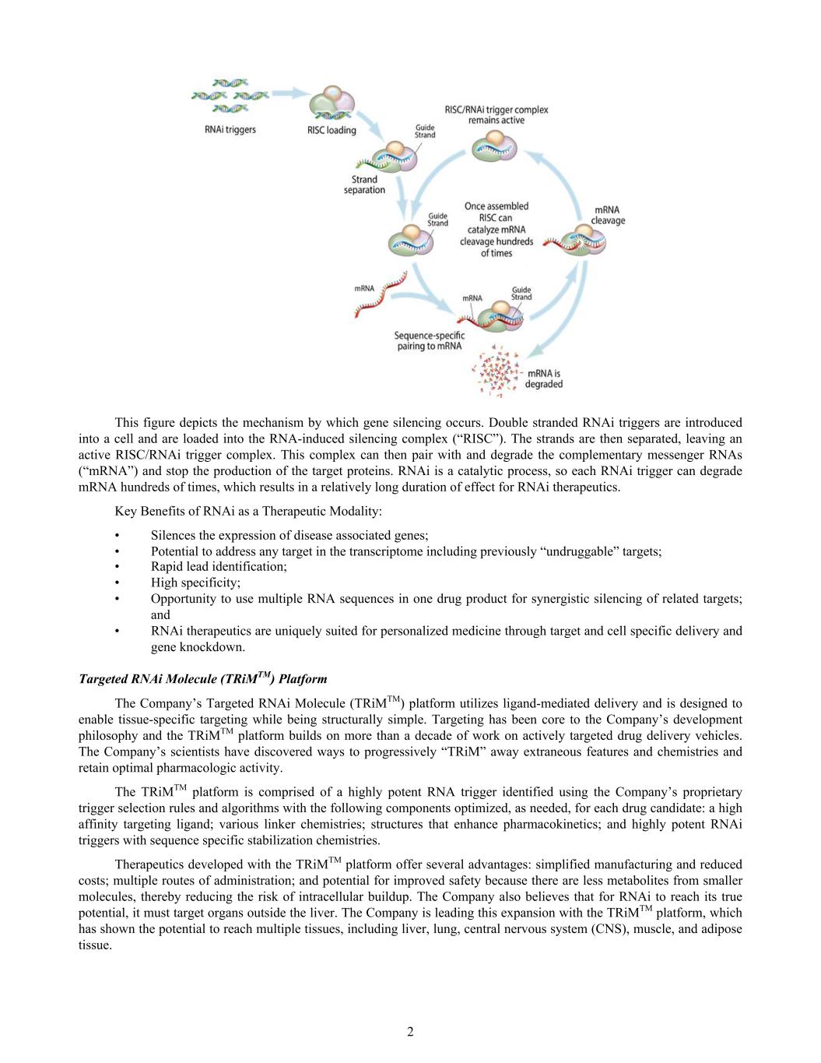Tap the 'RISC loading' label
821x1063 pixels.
coord(331,130)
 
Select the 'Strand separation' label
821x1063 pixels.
coord(364,185)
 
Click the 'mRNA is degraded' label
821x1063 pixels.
coord(544,378)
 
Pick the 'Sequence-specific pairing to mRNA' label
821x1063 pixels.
coord(429,340)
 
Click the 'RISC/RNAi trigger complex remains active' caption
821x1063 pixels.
coord(496,114)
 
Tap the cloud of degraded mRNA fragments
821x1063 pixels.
coord(496,369)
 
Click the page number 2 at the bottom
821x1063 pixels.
coord(410,1033)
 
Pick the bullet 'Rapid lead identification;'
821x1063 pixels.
coord(219,567)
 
